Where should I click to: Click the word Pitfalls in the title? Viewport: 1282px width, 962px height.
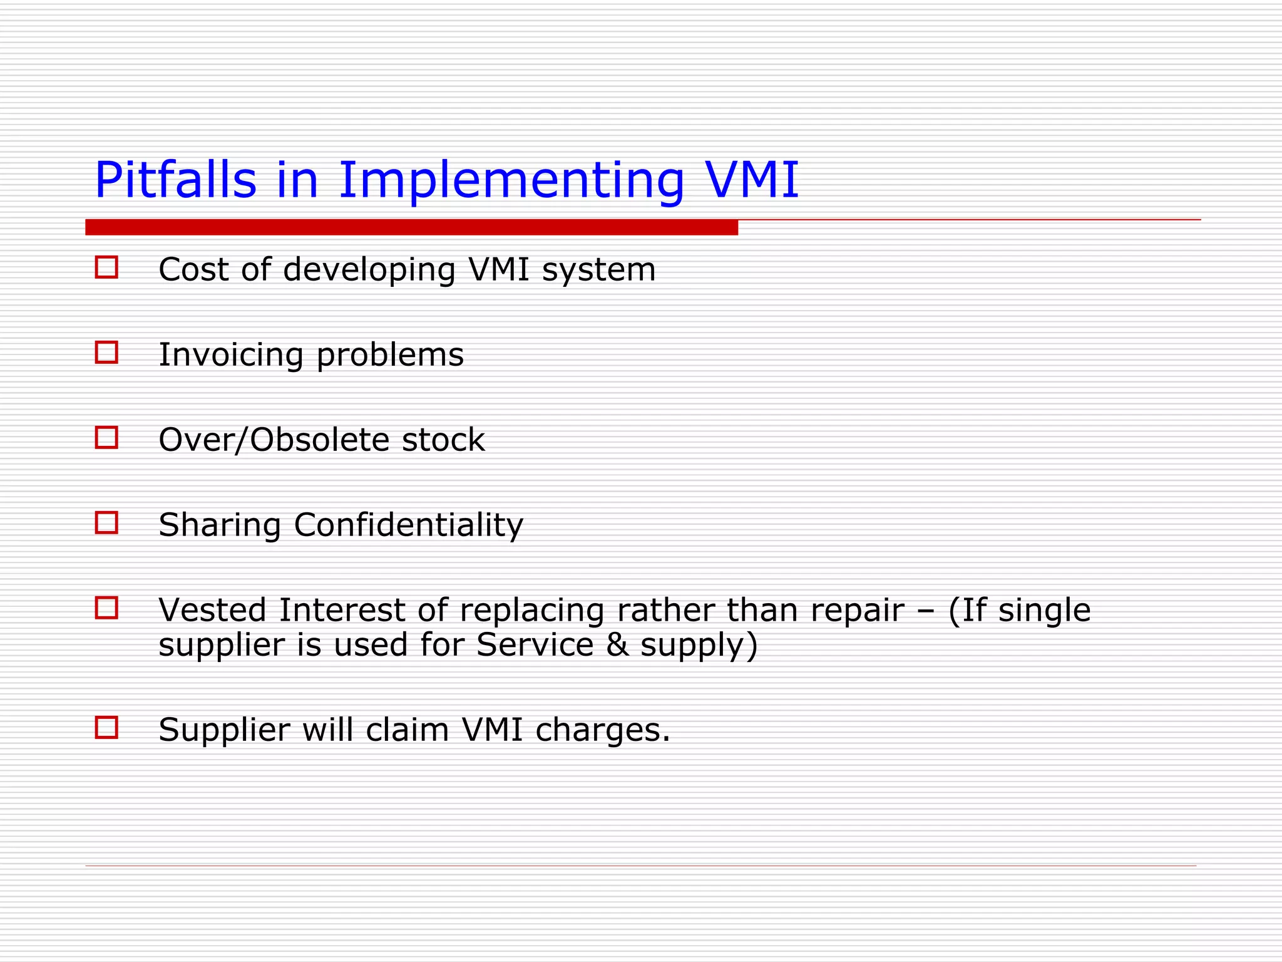pyautogui.click(x=175, y=180)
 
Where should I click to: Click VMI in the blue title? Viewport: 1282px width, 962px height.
pyautogui.click(x=752, y=180)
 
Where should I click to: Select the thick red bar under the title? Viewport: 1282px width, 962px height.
pyautogui.click(x=411, y=227)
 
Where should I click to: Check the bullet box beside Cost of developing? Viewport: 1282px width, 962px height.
pyautogui.click(x=106, y=267)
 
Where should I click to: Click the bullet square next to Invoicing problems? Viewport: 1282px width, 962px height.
pyautogui.click(x=106, y=353)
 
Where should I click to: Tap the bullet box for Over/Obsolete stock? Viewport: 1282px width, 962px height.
pyautogui.click(x=106, y=438)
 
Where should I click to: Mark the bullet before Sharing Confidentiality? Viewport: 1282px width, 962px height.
pyautogui.click(x=106, y=523)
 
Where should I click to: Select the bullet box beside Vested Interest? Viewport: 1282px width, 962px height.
pyautogui.click(x=106, y=608)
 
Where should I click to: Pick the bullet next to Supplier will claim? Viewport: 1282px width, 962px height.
pyautogui.click(x=106, y=728)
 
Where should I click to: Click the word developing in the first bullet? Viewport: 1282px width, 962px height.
pyautogui.click(x=369, y=271)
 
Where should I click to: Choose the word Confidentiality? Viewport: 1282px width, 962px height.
pyautogui.click(x=408, y=525)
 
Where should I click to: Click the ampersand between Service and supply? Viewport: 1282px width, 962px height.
pyautogui.click(x=617, y=645)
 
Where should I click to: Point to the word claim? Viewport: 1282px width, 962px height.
pyautogui.click(x=407, y=730)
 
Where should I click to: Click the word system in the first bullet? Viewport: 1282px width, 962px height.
pyautogui.click(x=598, y=271)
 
